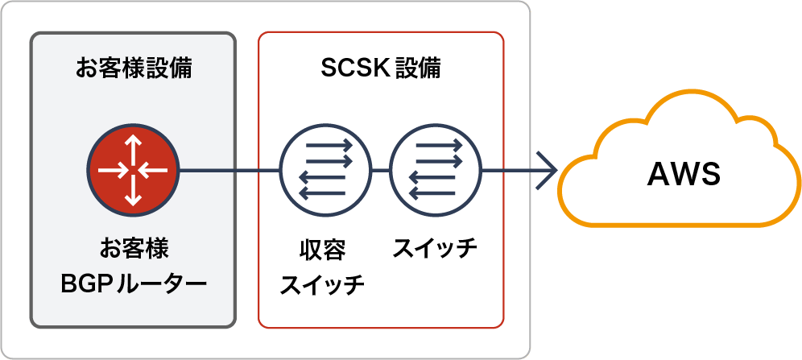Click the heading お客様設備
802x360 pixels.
(x=134, y=68)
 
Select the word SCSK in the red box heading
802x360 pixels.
(x=342, y=68)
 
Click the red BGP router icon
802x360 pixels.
(x=133, y=171)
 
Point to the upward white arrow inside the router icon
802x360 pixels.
(x=133, y=149)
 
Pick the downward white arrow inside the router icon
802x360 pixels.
(x=133, y=192)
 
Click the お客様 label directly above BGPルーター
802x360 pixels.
(x=134, y=248)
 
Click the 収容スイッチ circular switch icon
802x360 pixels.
(x=325, y=171)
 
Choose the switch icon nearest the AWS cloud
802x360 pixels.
(x=436, y=171)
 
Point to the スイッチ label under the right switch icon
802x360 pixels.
(x=436, y=249)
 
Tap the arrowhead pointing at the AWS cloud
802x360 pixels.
(x=550, y=171)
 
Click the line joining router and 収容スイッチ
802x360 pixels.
(x=229, y=171)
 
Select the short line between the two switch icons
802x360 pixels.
(x=380, y=171)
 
